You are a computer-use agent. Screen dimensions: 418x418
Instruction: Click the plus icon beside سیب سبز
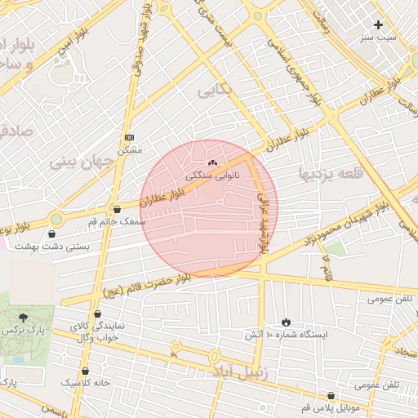[378, 25]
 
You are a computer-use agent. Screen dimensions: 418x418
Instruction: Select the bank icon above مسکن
[130, 137]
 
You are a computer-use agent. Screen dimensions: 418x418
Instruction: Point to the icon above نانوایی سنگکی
[213, 162]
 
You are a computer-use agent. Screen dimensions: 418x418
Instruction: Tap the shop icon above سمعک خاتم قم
[117, 209]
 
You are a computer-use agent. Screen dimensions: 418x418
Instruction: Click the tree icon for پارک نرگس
[22, 318]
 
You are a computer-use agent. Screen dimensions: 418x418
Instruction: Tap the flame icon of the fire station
[286, 321]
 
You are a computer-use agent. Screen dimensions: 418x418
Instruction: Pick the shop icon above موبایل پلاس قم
[330, 394]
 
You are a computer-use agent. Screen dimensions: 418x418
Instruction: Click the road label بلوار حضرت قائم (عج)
[147, 286]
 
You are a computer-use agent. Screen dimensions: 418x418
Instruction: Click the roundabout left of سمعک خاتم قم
[56, 219]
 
